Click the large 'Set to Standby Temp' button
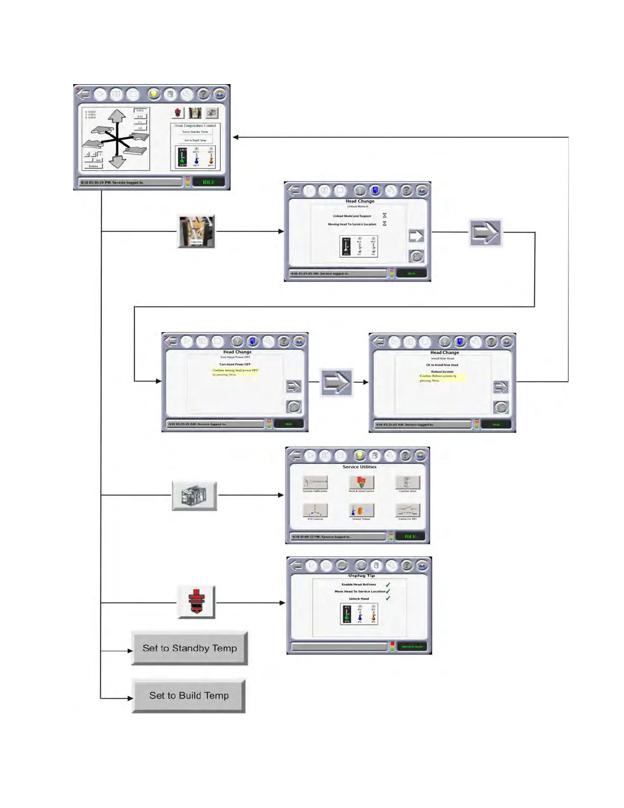pyautogui.click(x=189, y=648)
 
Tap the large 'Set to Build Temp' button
pyautogui.click(x=189, y=696)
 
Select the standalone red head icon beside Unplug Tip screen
pyautogui.click(x=196, y=602)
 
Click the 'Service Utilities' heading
pyautogui.click(x=359, y=467)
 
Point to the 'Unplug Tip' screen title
pyautogui.click(x=361, y=575)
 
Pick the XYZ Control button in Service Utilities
pyautogui.click(x=315, y=510)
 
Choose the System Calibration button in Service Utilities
pyautogui.click(x=315, y=482)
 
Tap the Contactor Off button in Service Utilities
pyautogui.click(x=407, y=510)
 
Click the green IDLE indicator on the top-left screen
pyautogui.click(x=209, y=182)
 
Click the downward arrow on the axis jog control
pyautogui.click(x=118, y=161)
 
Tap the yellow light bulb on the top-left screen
pyautogui.click(x=153, y=94)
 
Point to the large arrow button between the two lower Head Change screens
pyautogui.click(x=336, y=382)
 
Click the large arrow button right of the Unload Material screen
pyautogui.click(x=485, y=233)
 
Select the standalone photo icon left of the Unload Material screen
pyautogui.click(x=196, y=232)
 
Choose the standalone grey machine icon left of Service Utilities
pyautogui.click(x=194, y=495)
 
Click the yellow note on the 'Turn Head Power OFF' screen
pyautogui.click(x=235, y=372)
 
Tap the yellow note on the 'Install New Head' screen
pyautogui.click(x=441, y=378)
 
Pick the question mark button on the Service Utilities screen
pyautogui.click(x=405, y=456)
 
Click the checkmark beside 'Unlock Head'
pyautogui.click(x=388, y=598)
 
